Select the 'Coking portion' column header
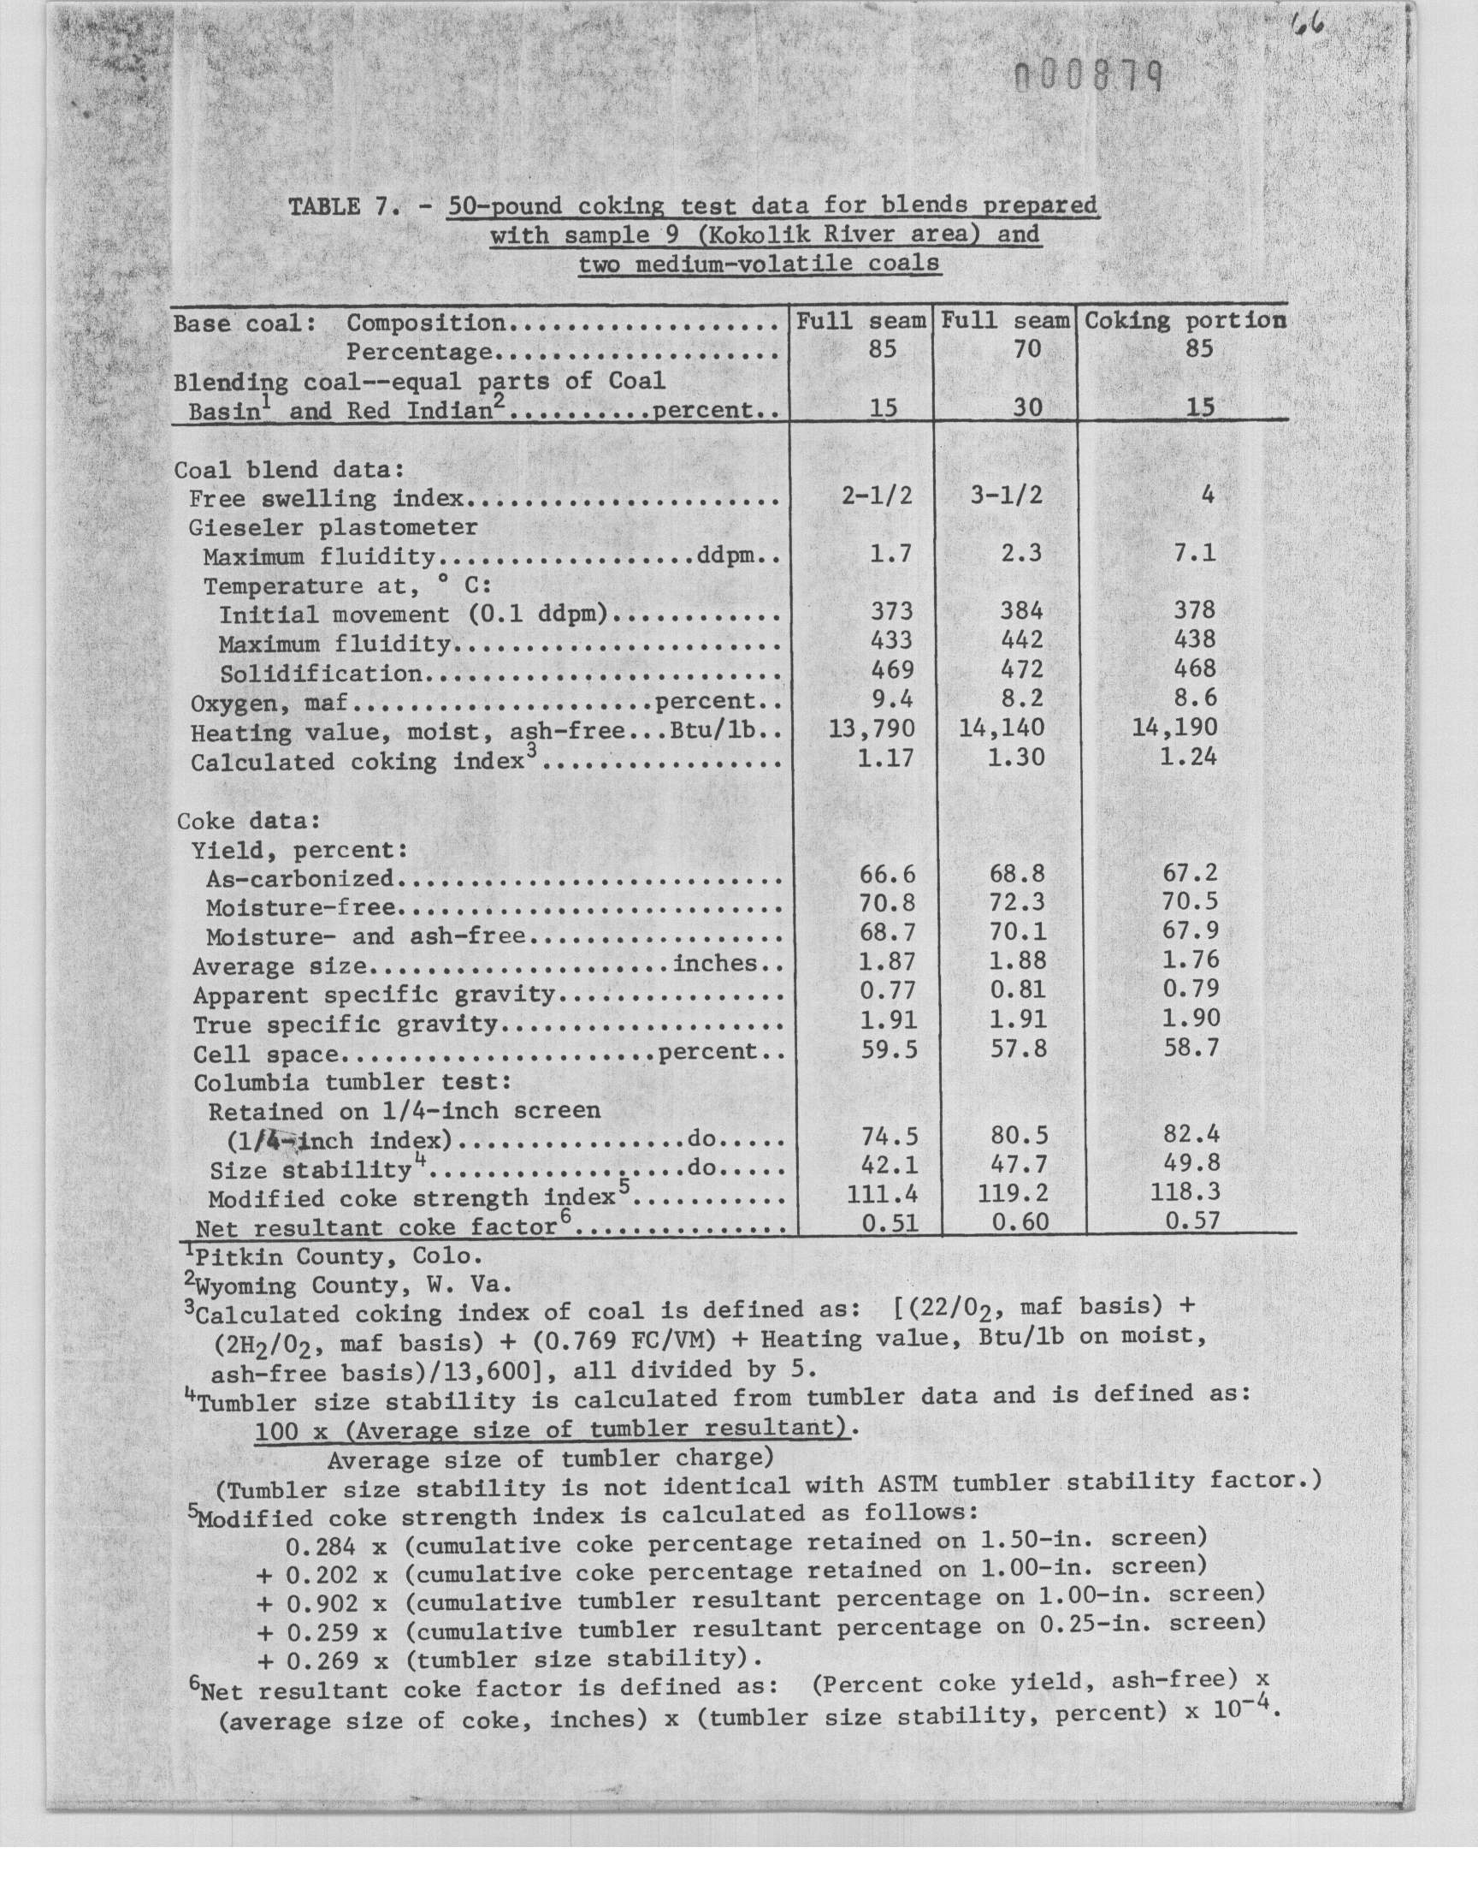[1185, 320]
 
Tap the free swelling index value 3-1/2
[1006, 496]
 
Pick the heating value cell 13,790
[871, 728]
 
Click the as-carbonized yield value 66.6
[887, 875]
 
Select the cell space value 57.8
[1018, 1049]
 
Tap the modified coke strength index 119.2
[1013, 1194]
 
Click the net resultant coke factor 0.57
[1191, 1221]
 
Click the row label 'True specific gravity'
[346, 1025]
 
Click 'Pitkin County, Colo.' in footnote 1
[337, 1256]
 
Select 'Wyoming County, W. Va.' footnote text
[355, 1286]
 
